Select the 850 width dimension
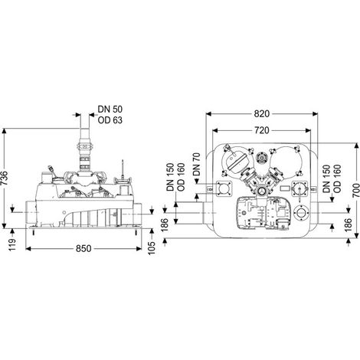point(83,248)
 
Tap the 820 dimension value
point(262,114)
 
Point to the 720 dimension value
point(262,130)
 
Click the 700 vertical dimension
point(356,190)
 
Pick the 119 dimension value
point(12,244)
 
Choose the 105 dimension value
point(152,248)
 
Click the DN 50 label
point(110,110)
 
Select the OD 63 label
point(110,120)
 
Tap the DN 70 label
point(197,165)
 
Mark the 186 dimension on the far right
point(348,225)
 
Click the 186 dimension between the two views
point(165,225)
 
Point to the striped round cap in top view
point(236,161)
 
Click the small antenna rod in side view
point(123,169)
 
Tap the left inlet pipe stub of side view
point(31,212)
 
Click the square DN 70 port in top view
point(224,188)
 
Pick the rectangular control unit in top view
point(263,212)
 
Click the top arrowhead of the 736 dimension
point(4,131)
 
